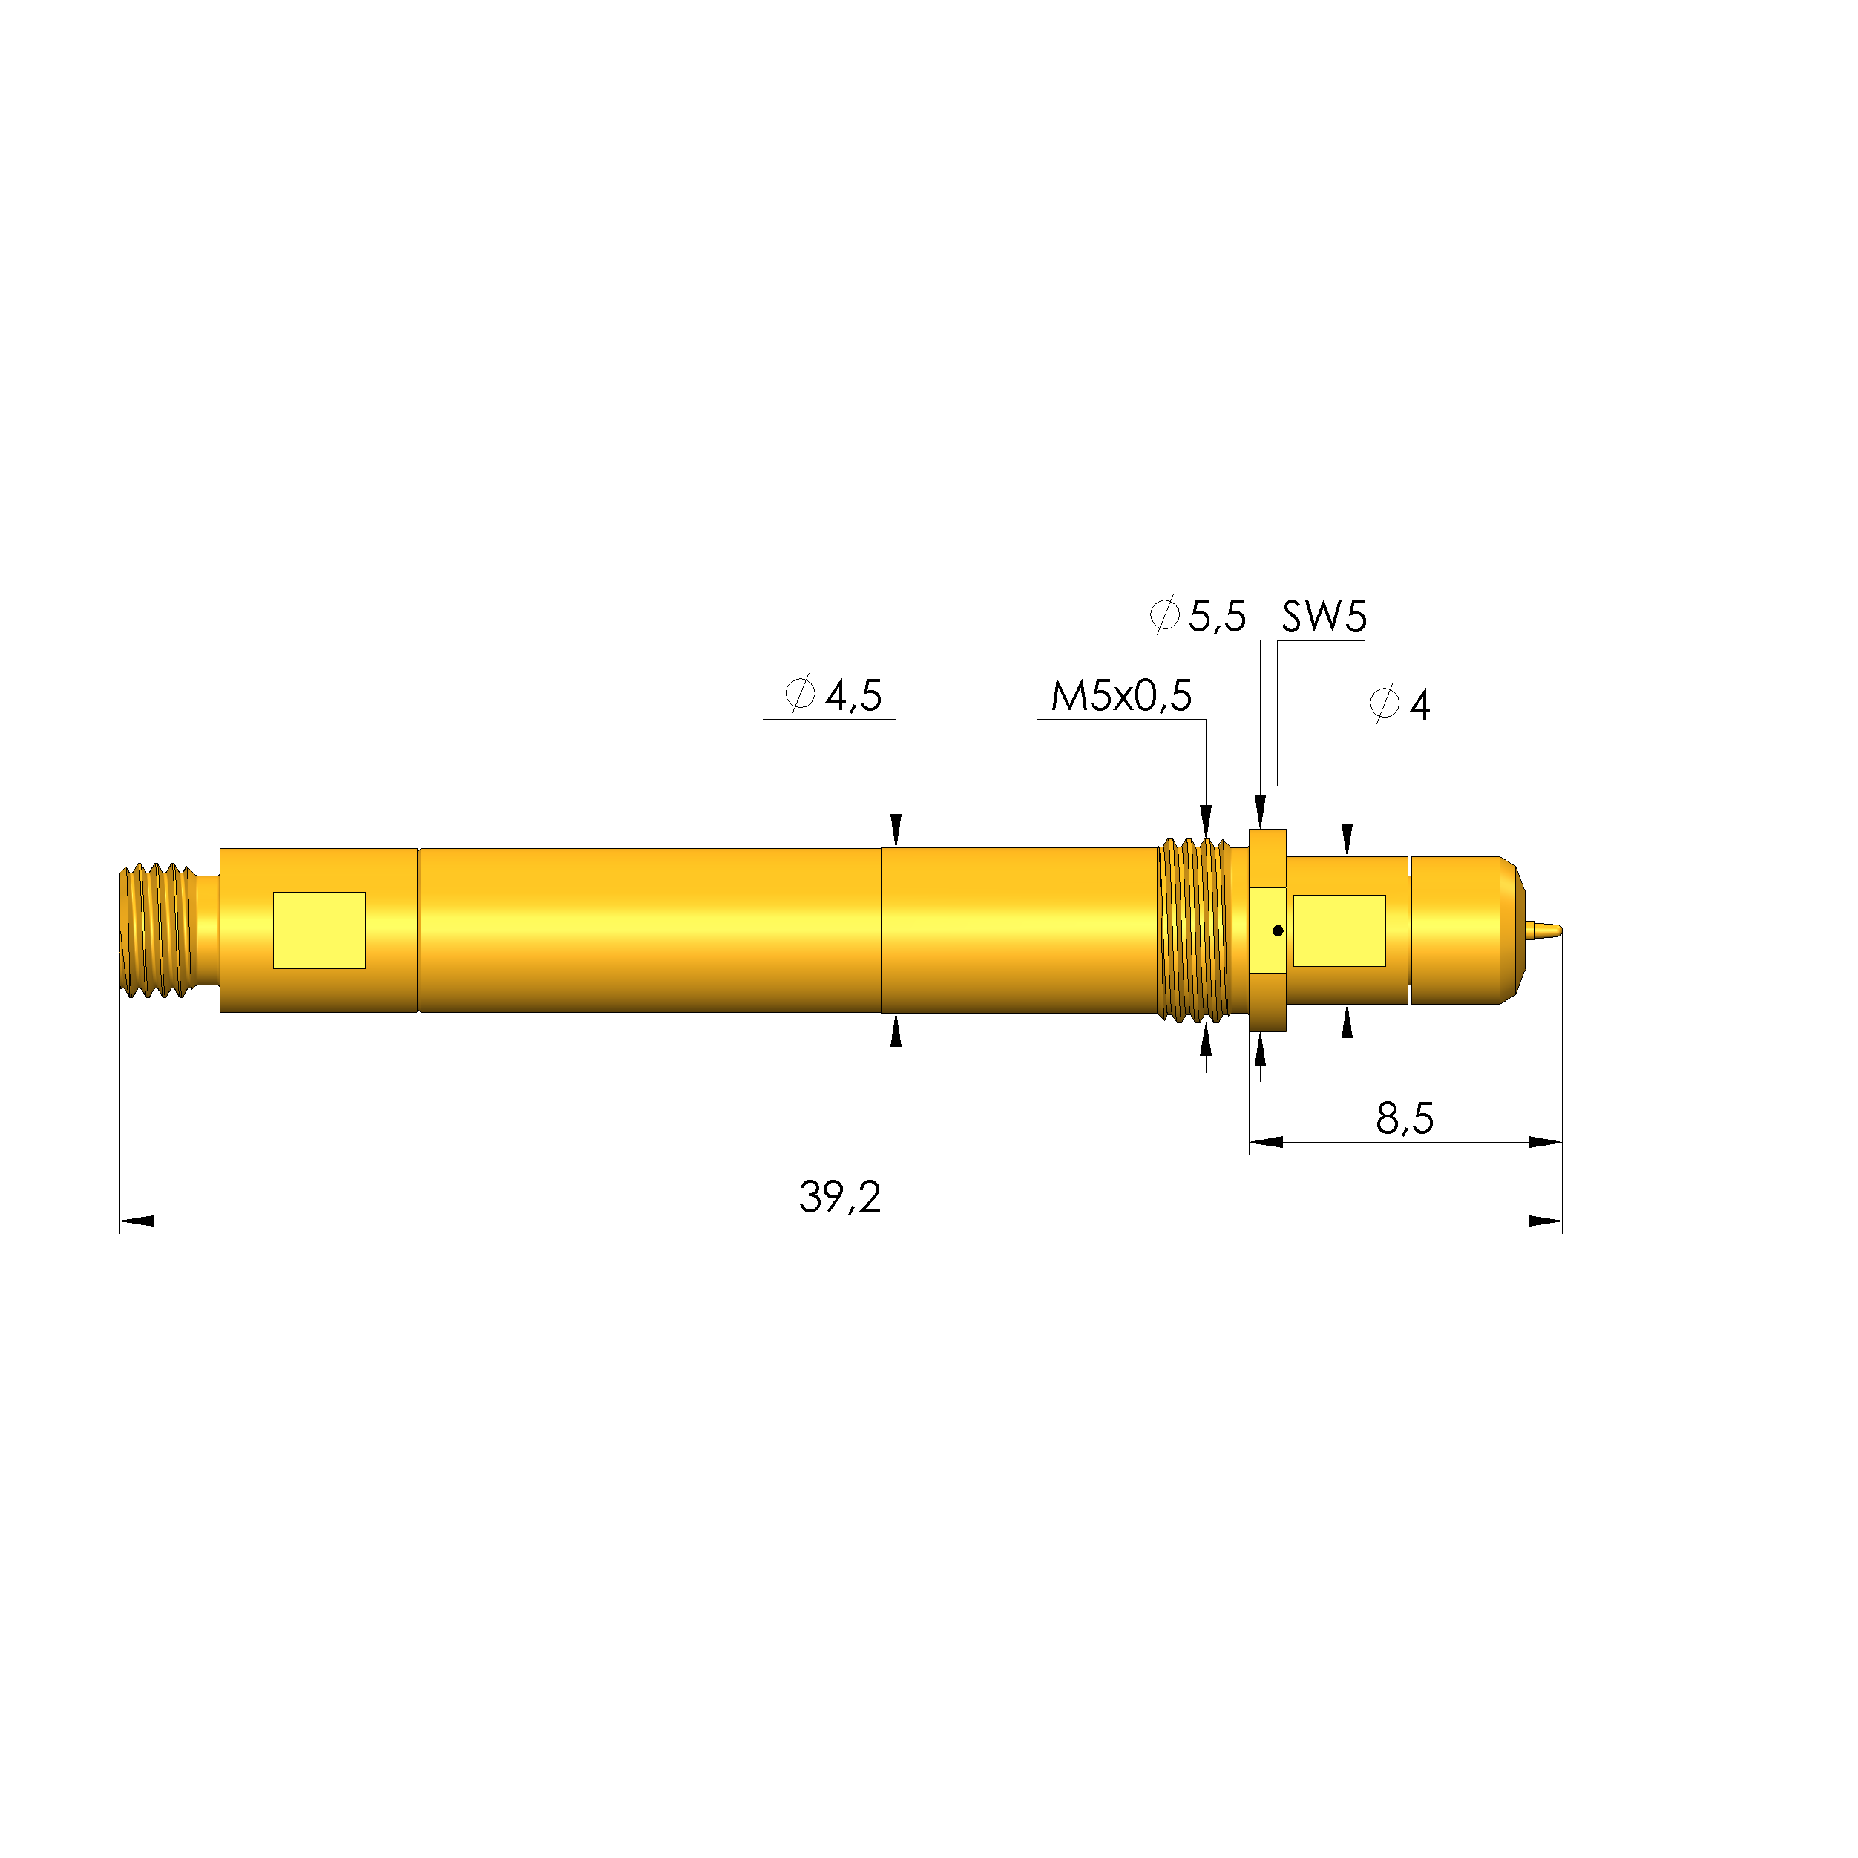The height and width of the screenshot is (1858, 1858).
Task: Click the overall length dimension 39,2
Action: click(838, 1198)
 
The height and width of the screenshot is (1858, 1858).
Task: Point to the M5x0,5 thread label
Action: click(1120, 695)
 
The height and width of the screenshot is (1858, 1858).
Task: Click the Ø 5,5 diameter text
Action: click(1198, 615)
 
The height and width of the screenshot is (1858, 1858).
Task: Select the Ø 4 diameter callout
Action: click(1400, 704)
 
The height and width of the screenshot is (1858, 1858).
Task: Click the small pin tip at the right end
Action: click(1547, 930)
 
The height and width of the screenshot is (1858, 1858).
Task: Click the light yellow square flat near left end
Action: click(319, 930)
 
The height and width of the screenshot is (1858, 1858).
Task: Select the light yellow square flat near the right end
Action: click(1339, 930)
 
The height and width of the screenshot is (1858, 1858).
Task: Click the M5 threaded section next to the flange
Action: click(1192, 930)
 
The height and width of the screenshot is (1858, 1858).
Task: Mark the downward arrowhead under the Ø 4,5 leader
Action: click(896, 829)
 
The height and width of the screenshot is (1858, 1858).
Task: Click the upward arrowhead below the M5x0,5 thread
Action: click(1206, 1039)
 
